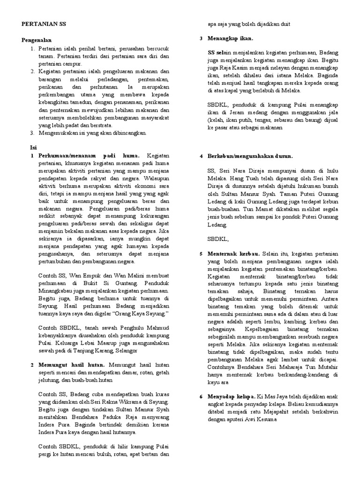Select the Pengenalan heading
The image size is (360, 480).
tap(37, 40)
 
